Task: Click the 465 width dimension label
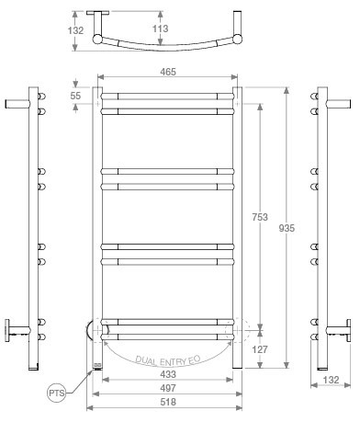coord(168,72)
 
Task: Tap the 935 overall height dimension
coord(287,228)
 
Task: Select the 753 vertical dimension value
coord(260,217)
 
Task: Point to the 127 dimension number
coord(260,349)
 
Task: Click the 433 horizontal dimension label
coord(168,374)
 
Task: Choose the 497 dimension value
coord(168,388)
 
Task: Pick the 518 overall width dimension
coord(168,402)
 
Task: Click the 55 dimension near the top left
coord(75,96)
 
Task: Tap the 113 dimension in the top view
coord(161,29)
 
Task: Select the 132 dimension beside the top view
coord(75,30)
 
